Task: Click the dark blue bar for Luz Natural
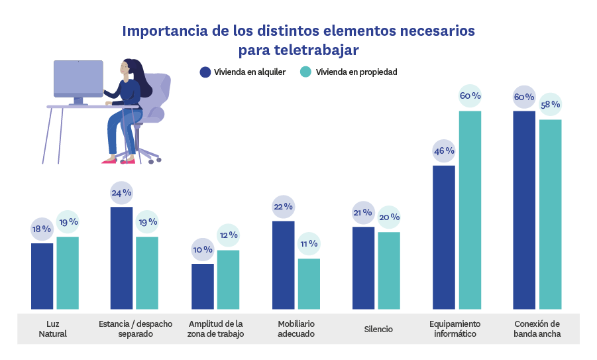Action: pyautogui.click(x=42, y=276)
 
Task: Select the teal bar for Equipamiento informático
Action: pyautogui.click(x=470, y=210)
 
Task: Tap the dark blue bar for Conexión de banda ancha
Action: pyautogui.click(x=524, y=210)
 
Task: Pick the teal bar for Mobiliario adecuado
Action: pyautogui.click(x=309, y=284)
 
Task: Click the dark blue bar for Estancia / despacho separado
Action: pyautogui.click(x=121, y=258)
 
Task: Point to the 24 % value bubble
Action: pyautogui.click(x=121, y=193)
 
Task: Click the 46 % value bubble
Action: pyautogui.click(x=444, y=151)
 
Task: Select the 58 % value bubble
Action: pyautogui.click(x=550, y=105)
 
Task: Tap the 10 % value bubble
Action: pyautogui.click(x=203, y=250)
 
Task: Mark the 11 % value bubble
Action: pyautogui.click(x=309, y=244)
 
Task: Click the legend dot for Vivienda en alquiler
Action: pyautogui.click(x=205, y=72)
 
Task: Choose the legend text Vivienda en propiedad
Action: pyautogui.click(x=356, y=72)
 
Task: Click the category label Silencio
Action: pyautogui.click(x=378, y=330)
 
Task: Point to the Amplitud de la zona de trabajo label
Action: pyautogui.click(x=217, y=330)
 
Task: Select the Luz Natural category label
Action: pyautogui.click(x=53, y=330)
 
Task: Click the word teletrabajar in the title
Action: pyautogui.click(x=319, y=50)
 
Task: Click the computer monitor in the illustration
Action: pyautogui.click(x=78, y=79)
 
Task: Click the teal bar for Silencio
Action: pyautogui.click(x=389, y=270)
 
